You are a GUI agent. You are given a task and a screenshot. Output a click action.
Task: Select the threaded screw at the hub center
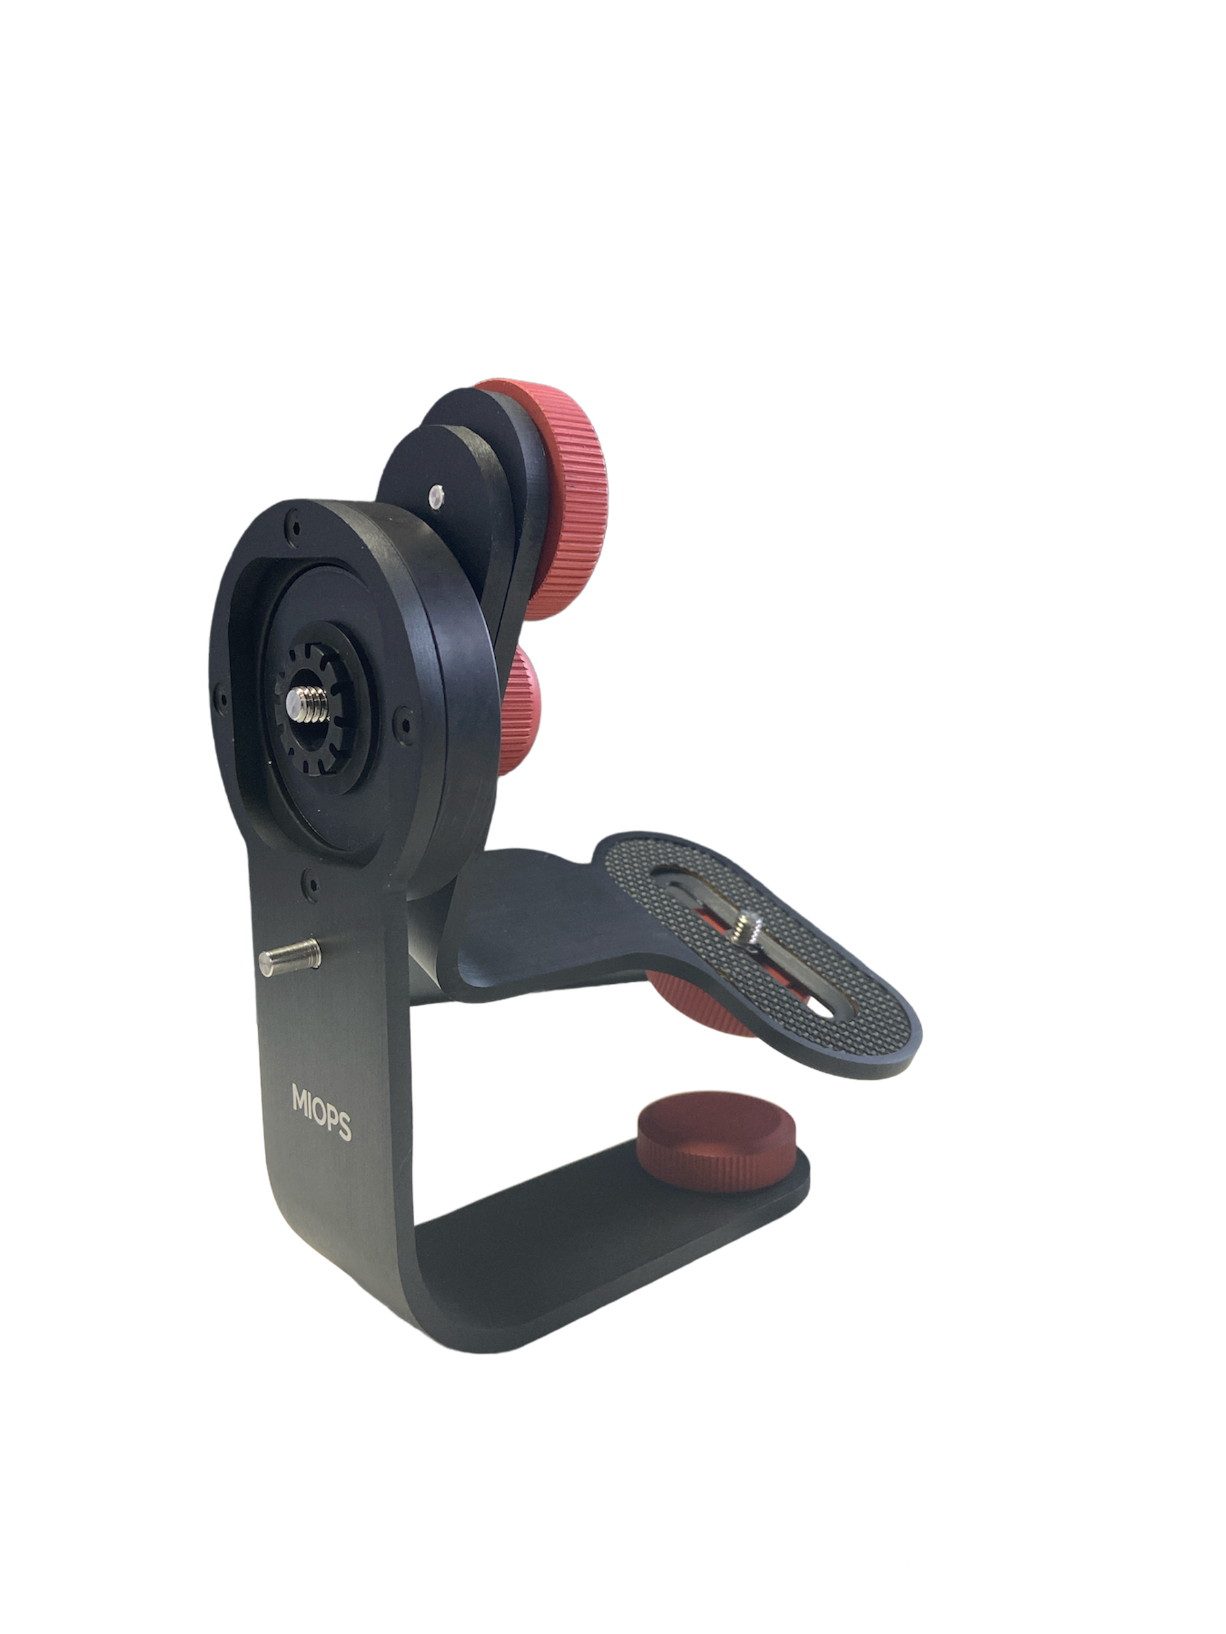coord(306,704)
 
